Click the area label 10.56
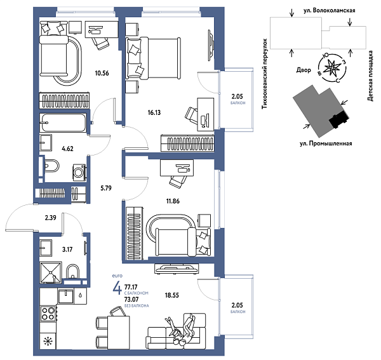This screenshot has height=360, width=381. (x=102, y=72)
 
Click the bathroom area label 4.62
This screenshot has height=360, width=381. (x=68, y=150)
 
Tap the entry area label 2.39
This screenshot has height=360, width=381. (x=51, y=218)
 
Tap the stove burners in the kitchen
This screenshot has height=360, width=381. (x=48, y=314)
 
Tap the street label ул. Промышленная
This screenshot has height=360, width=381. (x=325, y=143)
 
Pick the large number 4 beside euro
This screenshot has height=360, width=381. (x=117, y=290)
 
